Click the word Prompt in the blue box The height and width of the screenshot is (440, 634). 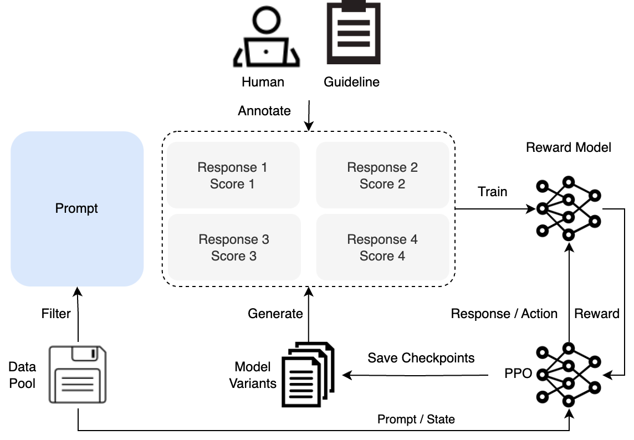point(76,209)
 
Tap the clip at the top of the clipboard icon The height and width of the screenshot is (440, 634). point(354,6)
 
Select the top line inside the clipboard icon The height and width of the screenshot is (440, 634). point(354,23)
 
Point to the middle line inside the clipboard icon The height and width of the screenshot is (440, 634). point(354,33)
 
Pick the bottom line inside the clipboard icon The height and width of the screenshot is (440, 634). point(354,44)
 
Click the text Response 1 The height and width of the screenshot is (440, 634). point(232,167)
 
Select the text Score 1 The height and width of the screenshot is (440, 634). point(232,184)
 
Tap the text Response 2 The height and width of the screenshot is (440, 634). point(382,167)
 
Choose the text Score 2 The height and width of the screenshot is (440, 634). point(382,184)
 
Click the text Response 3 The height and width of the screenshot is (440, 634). point(234,239)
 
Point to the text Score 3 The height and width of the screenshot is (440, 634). point(234,256)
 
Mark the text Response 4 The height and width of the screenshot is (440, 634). point(382,239)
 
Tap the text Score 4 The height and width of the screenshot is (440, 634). point(382,256)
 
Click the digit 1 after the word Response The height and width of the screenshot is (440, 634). point(264,167)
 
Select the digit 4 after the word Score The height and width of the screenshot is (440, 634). point(401,256)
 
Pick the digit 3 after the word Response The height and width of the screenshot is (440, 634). point(265,239)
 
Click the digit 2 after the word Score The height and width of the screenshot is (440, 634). point(401,184)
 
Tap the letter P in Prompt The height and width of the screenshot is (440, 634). point(59,208)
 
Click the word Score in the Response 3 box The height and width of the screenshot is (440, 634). point(228,256)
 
